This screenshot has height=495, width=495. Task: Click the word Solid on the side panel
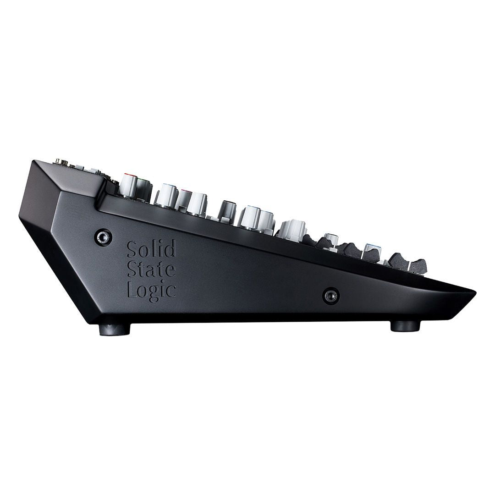151,249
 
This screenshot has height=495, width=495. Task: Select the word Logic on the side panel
152,290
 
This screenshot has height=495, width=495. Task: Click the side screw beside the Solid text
104,236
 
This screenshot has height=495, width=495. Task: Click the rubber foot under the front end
405,325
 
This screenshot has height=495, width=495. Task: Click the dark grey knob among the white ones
228,211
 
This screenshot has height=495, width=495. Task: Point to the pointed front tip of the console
474,292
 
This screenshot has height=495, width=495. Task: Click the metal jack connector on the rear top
60,161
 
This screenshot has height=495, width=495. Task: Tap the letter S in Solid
132,249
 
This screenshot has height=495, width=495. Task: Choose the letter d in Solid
170,249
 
